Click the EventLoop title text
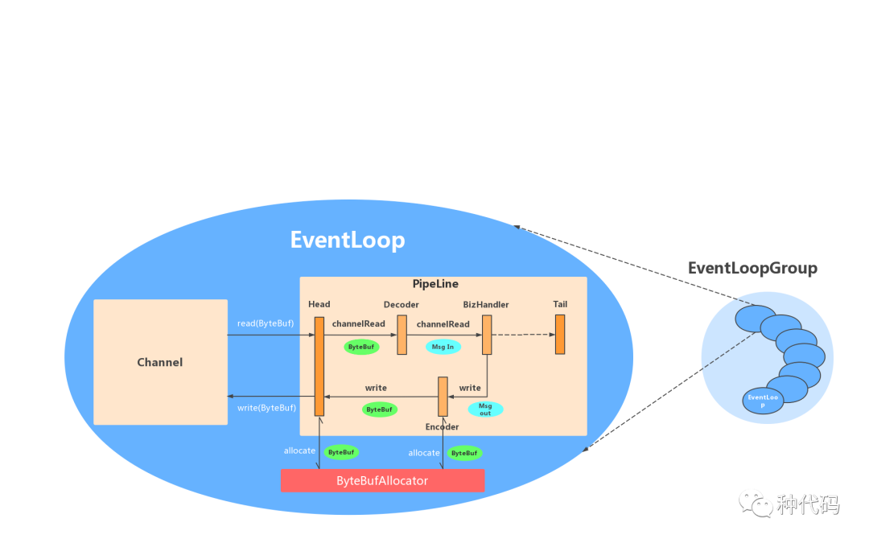[x=348, y=240]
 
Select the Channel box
[x=160, y=362]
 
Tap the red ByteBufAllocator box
[x=382, y=480]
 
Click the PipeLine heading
[x=435, y=284]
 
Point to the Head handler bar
[x=319, y=366]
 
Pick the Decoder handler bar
[x=402, y=335]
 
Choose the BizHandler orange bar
[x=487, y=335]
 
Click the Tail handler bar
[x=560, y=334]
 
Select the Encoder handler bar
[x=443, y=396]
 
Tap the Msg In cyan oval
[x=443, y=347]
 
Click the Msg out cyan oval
[x=485, y=409]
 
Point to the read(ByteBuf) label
[x=266, y=323]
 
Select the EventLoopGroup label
[x=752, y=269]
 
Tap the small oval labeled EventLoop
[x=763, y=400]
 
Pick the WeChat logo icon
[x=756, y=503]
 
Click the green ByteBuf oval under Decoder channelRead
[x=361, y=347]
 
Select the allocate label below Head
[x=299, y=450]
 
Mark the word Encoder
[x=442, y=426]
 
